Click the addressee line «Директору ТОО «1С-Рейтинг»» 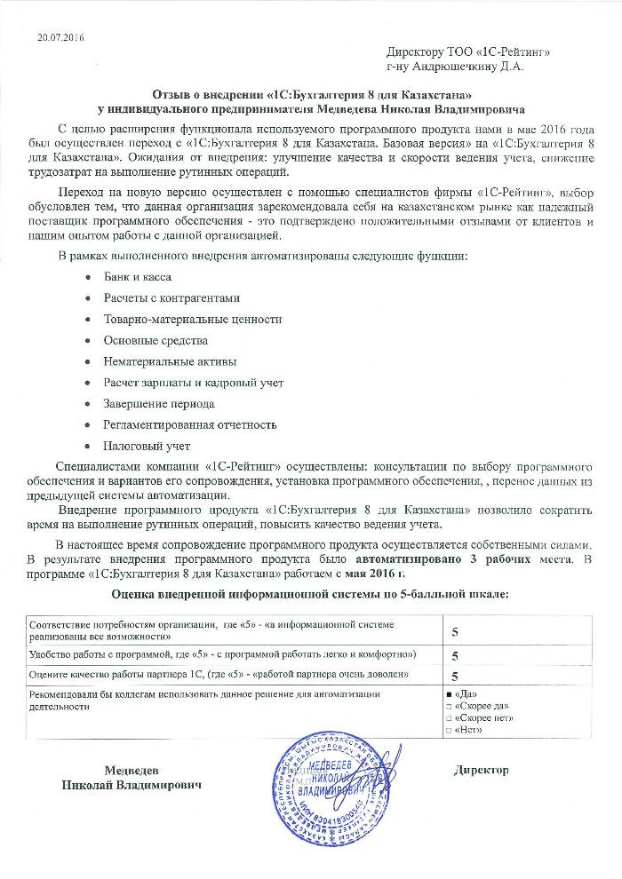tap(468, 52)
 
